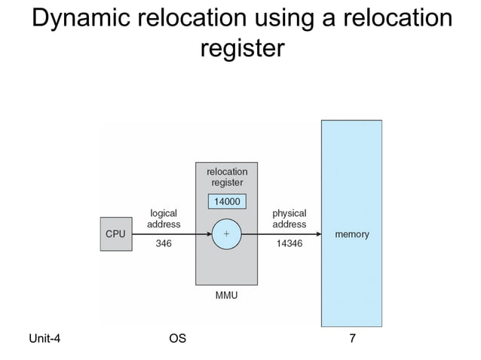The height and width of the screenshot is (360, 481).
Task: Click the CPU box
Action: pos(115,234)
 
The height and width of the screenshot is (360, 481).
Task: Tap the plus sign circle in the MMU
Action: pos(225,234)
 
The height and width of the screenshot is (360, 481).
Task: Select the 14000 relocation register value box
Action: pos(226,202)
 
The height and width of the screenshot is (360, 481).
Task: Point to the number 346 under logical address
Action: pos(164,245)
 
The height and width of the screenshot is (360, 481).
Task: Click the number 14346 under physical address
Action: pos(289,245)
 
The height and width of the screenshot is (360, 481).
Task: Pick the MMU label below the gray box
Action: pos(226,295)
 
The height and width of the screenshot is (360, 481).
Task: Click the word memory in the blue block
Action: pos(351,234)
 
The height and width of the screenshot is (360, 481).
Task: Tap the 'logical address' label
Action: pos(164,218)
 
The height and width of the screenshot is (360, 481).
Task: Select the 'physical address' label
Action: pos(289,218)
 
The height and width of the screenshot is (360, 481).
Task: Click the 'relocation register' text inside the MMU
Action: pos(226,177)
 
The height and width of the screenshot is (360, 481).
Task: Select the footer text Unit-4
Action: pos(44,339)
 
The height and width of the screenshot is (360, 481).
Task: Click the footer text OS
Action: pos(177,339)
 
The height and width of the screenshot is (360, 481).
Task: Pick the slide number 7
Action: pos(351,339)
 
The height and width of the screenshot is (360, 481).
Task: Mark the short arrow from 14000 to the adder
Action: pos(226,213)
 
